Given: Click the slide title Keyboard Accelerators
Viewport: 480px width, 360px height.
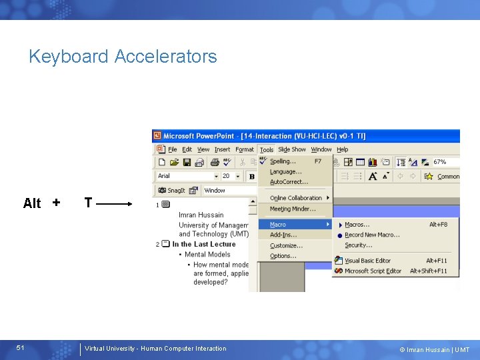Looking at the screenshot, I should pyautogui.click(x=123, y=57).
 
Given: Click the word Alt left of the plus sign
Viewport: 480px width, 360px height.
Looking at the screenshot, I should pyautogui.click(x=32, y=203).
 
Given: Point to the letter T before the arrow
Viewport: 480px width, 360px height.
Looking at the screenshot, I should pyautogui.click(x=88, y=203).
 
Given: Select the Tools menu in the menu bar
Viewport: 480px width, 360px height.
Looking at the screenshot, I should pyautogui.click(x=267, y=150).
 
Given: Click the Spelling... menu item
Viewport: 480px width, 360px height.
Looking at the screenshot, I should pyautogui.click(x=283, y=161).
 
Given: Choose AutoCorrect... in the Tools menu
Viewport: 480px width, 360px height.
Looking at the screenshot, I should pyautogui.click(x=289, y=181).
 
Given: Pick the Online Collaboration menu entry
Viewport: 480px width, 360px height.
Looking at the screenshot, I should pyautogui.click(x=295, y=198).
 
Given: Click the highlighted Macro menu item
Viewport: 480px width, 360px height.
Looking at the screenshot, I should pyautogui.click(x=278, y=225).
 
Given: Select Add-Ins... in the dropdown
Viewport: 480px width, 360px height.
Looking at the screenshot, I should pyautogui.click(x=283, y=235).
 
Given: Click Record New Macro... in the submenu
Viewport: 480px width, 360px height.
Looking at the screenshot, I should pyautogui.click(x=372, y=235).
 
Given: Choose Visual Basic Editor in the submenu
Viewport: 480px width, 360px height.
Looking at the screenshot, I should pyautogui.click(x=367, y=261).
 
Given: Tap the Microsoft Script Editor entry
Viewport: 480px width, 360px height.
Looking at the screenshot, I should pyautogui.click(x=373, y=271).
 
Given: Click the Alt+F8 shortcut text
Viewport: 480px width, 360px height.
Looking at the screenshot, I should pyautogui.click(x=438, y=225).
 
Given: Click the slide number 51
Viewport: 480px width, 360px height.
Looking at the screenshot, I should pyautogui.click(x=21, y=348).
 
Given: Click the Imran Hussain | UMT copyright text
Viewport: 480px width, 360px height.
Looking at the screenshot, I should pyautogui.click(x=434, y=349).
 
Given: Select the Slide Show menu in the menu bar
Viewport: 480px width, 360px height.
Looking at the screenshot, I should pyautogui.click(x=291, y=150).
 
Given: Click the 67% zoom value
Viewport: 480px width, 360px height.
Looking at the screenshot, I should pyautogui.click(x=439, y=162).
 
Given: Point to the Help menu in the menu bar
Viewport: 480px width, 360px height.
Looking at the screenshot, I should pyautogui.click(x=342, y=150).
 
